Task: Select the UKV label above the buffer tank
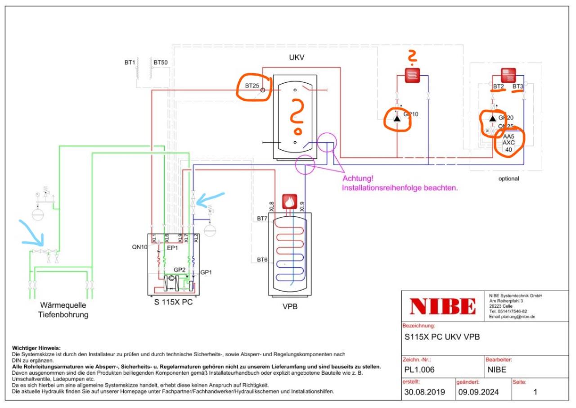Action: [297, 59]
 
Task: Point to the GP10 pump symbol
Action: [397, 118]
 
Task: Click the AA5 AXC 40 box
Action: [508, 143]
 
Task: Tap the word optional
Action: [508, 179]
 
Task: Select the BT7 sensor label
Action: [262, 219]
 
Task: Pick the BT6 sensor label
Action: [262, 260]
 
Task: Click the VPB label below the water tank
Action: [290, 307]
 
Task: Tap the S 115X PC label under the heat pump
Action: [173, 302]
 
